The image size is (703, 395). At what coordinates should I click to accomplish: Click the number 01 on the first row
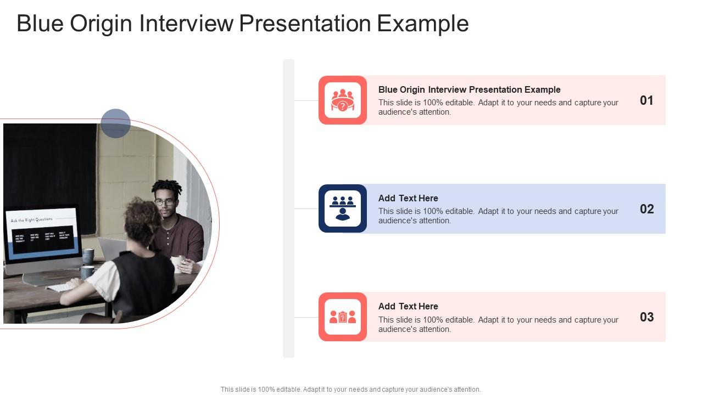click(646, 100)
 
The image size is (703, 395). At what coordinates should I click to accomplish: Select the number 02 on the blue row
click(646, 209)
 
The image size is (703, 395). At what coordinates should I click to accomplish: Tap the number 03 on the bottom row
click(646, 317)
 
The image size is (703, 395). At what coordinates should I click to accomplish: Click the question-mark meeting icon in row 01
click(343, 100)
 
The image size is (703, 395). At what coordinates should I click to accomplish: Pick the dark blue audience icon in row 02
click(343, 208)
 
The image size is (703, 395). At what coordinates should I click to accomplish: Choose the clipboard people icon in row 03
click(343, 317)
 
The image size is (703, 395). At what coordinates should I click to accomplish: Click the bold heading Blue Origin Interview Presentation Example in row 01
click(469, 89)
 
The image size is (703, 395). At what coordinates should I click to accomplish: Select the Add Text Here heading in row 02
click(408, 198)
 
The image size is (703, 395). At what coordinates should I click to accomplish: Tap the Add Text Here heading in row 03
click(408, 306)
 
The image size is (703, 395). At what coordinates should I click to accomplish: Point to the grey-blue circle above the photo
click(115, 123)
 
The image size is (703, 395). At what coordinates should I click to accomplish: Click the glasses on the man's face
click(164, 202)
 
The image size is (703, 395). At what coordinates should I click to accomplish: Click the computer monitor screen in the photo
click(43, 233)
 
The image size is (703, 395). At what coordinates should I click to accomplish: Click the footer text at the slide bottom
click(350, 390)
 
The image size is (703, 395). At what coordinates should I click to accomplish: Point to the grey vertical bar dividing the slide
click(288, 208)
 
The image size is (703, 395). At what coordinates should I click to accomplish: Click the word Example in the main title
click(423, 24)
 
